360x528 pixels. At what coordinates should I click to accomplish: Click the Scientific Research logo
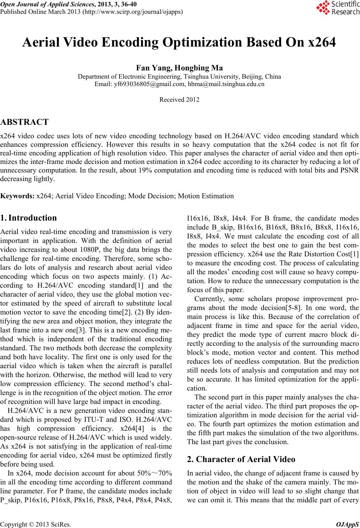(337, 8)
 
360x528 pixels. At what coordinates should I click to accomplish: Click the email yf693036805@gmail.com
(140, 84)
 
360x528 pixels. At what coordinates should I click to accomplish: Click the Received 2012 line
(179, 100)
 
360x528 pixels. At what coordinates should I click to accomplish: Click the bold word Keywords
(17, 196)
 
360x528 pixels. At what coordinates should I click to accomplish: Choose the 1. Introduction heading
(29, 218)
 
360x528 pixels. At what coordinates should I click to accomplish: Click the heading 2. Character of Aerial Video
(241, 459)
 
